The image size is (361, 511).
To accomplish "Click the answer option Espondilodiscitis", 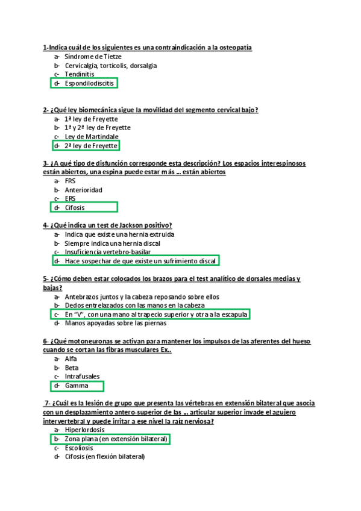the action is (89, 83).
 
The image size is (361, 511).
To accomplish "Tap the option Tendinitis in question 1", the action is (79, 74).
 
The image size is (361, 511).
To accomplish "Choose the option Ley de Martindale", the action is (92, 137).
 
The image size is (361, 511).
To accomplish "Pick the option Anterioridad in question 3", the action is (83, 190).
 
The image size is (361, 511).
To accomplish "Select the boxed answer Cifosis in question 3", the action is (75, 208).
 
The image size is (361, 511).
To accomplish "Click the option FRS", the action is (70, 181).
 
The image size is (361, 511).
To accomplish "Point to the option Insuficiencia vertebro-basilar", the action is (108, 252).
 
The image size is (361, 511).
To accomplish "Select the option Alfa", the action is (71, 359).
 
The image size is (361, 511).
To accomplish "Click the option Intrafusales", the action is (83, 377).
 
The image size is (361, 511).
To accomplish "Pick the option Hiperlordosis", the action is (84, 430).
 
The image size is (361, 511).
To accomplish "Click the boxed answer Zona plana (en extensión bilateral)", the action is (116, 439).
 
